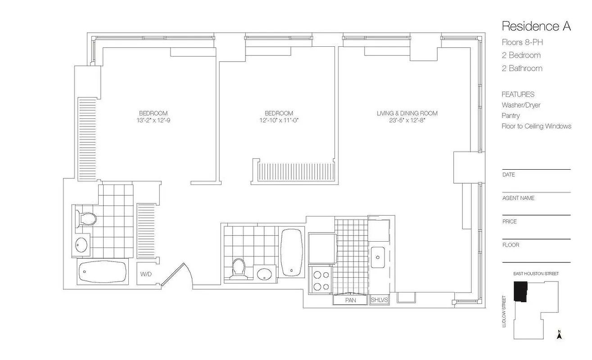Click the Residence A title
click(x=536, y=26)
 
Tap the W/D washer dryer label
click(x=145, y=274)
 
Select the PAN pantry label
click(x=350, y=300)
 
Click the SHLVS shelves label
click(x=379, y=300)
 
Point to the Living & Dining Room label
click(x=407, y=113)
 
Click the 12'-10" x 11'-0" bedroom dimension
click(x=279, y=120)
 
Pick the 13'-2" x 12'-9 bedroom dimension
click(x=153, y=120)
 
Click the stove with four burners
click(x=320, y=280)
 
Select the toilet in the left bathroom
click(x=86, y=219)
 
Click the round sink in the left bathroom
click(x=81, y=245)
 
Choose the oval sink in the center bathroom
click(x=264, y=273)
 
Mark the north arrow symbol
click(x=559, y=335)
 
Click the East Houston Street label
click(x=536, y=274)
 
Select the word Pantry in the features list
click(x=511, y=116)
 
